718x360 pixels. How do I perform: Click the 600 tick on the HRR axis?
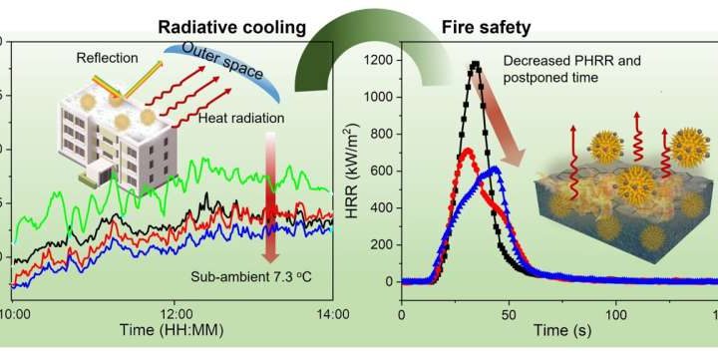(384, 173)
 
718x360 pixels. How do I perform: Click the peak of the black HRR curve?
(476, 65)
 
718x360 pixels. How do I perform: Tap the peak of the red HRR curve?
(466, 151)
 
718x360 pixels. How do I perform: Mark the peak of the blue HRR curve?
(492, 171)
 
